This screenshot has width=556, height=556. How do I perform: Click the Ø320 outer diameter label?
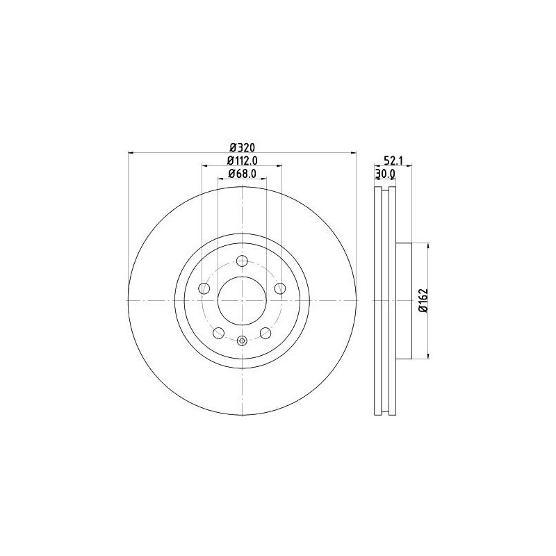(241, 147)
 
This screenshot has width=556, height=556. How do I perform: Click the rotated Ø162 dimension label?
(423, 301)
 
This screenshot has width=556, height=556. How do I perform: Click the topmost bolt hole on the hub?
(242, 261)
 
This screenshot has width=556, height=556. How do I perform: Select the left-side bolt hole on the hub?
(204, 288)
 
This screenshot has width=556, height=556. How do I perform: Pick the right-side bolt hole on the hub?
(279, 288)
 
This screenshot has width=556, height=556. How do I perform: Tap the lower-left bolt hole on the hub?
(218, 332)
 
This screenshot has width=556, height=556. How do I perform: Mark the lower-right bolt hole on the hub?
(265, 332)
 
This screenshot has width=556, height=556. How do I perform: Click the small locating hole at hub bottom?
(242, 340)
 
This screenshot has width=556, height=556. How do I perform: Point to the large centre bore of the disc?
(242, 300)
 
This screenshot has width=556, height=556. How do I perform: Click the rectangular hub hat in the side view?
(404, 300)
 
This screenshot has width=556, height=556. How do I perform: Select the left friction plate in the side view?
(378, 300)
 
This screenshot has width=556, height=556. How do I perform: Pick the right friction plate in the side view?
(393, 300)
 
